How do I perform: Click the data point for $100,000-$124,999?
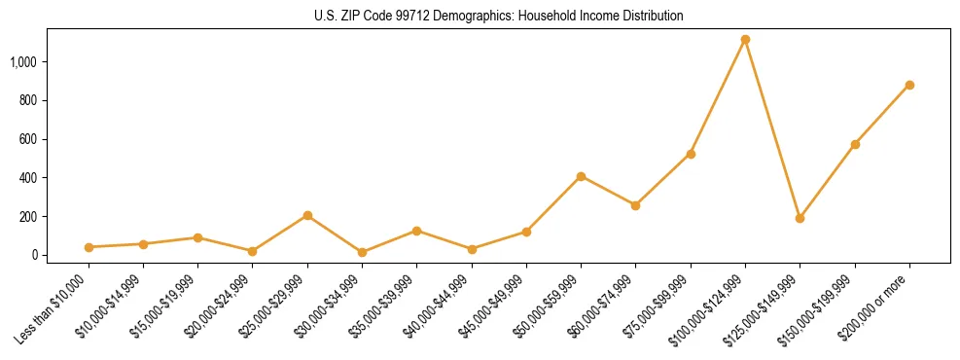[x=745, y=40]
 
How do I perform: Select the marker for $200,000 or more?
[x=909, y=85]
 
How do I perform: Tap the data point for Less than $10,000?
[x=89, y=247]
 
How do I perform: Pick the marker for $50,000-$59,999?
[x=581, y=176]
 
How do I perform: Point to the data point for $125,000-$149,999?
[x=800, y=218]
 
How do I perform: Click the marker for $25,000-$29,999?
[x=307, y=215]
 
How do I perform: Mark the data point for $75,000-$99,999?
[x=691, y=154]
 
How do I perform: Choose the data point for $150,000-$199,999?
[x=855, y=144]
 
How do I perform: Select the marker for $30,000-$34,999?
[x=362, y=252]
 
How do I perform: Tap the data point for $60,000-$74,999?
[x=635, y=205]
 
